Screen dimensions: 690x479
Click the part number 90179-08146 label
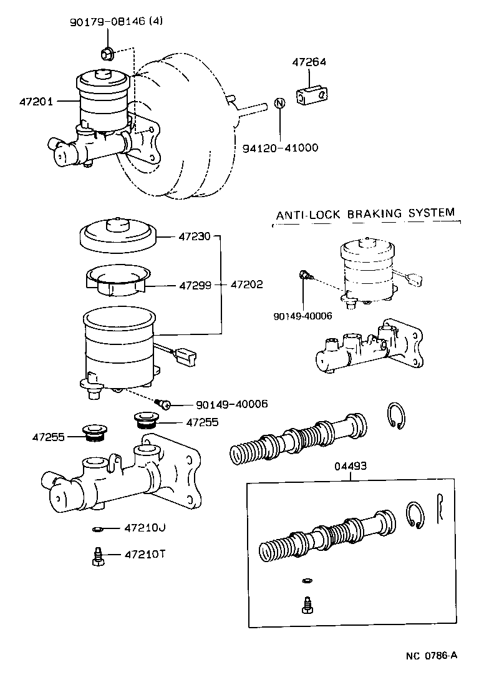coord(108,21)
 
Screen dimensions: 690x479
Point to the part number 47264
coord(310,62)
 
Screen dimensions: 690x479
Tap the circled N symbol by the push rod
coord(280,104)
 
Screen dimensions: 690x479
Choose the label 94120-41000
coord(280,148)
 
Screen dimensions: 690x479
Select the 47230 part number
coord(195,236)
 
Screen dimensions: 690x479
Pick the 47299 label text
coord(195,284)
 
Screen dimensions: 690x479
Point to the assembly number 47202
coord(246,284)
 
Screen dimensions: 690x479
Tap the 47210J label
coord(144,528)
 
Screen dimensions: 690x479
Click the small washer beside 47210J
coord(96,530)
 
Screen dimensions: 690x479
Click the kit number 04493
coord(350,466)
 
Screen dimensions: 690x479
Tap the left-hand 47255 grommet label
coord(49,437)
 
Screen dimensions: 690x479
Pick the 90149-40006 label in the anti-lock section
coord(302,316)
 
